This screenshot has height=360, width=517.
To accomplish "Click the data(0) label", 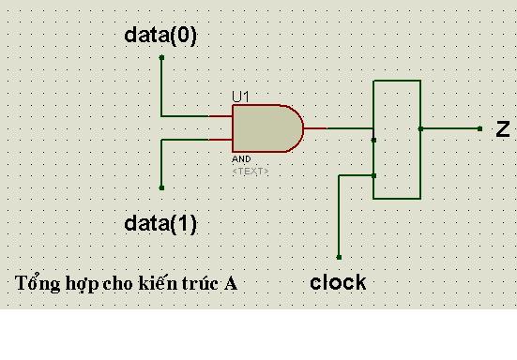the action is [160, 36].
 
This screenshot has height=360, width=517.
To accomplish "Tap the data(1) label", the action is [160, 224].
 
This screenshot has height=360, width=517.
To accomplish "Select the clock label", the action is [338, 282].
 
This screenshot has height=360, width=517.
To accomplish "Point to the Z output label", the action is [503, 128].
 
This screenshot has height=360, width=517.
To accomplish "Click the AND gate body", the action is [267, 128].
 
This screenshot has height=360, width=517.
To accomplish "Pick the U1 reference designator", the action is [241, 97].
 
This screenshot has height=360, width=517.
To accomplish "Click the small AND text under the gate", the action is [241, 159].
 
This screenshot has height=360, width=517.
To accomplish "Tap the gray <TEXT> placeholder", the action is [251, 172].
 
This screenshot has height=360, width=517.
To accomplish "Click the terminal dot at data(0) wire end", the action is [161, 57].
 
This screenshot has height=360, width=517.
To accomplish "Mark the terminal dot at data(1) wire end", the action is [161, 187].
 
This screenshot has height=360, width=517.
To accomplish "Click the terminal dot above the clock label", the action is [339, 257].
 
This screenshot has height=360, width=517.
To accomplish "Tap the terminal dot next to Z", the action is [479, 128].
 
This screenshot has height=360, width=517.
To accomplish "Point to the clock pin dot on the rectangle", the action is [373, 175].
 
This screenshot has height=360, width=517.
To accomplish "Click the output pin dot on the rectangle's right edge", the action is [420, 128].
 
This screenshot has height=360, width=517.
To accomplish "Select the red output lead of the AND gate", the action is [315, 128].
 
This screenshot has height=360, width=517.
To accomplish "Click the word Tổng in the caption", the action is [38, 283].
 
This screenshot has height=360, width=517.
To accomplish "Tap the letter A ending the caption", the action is [231, 283].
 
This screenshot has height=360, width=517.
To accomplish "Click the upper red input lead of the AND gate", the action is [220, 116].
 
